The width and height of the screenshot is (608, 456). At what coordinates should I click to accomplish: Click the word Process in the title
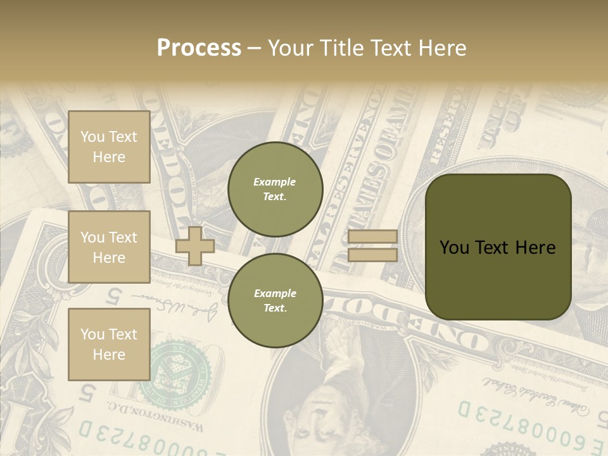[x=199, y=48]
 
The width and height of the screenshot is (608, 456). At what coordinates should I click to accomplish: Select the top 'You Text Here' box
[x=109, y=147]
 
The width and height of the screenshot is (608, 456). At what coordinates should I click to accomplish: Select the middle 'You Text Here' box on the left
[x=109, y=247]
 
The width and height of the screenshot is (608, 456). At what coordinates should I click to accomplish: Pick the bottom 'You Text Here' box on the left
[x=109, y=344]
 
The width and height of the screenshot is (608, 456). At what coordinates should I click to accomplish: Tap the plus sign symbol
[x=195, y=246]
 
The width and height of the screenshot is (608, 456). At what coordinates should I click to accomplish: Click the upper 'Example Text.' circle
[x=275, y=189]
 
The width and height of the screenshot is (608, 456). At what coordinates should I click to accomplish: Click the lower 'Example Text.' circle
[x=275, y=301]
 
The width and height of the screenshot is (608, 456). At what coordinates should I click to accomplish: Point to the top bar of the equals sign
[x=372, y=237]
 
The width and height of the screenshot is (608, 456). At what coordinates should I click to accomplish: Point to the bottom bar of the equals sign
[x=372, y=255]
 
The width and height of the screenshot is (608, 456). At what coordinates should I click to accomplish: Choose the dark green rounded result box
[x=498, y=247]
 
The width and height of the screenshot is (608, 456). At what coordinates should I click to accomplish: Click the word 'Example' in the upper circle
[x=274, y=182]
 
